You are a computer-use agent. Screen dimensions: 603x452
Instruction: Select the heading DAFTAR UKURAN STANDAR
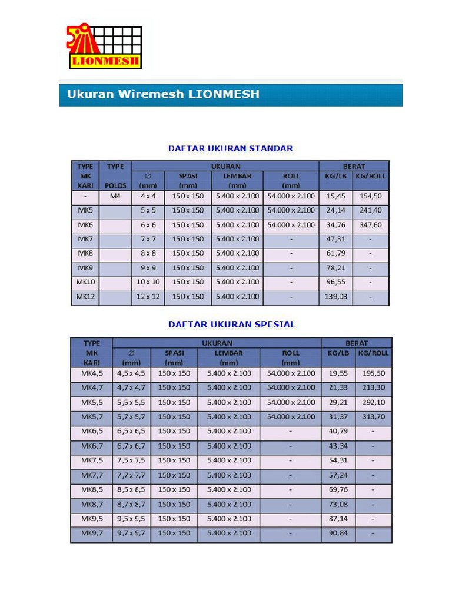tap(230, 148)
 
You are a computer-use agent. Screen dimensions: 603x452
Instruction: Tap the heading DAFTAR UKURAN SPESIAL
tap(232, 324)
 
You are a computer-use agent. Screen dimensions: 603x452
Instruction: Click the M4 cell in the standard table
tap(115, 196)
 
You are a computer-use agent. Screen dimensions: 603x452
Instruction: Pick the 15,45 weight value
tap(335, 196)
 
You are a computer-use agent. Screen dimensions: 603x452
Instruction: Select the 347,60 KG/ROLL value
tap(371, 225)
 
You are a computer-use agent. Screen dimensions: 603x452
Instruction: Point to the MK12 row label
tap(85, 297)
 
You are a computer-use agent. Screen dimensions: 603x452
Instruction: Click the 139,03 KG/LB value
tap(335, 297)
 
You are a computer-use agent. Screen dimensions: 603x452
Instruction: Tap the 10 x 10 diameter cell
tap(148, 282)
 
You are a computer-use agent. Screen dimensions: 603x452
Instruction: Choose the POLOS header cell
tap(115, 185)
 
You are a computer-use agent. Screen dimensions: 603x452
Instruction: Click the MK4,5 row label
tap(91, 373)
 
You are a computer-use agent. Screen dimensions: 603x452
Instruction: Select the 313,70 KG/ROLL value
tap(374, 417)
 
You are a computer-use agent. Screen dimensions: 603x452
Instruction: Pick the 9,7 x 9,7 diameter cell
tap(131, 533)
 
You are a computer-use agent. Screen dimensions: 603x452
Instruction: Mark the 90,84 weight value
tap(338, 533)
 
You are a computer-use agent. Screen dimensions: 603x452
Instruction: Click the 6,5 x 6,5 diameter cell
tap(131, 431)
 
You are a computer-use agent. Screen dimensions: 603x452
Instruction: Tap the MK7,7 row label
tap(91, 475)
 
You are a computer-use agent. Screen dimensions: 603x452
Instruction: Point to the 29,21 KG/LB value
tap(338, 402)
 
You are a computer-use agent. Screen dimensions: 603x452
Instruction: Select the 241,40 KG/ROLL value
tap(371, 210)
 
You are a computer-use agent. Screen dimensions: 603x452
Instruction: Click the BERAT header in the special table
tap(356, 343)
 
